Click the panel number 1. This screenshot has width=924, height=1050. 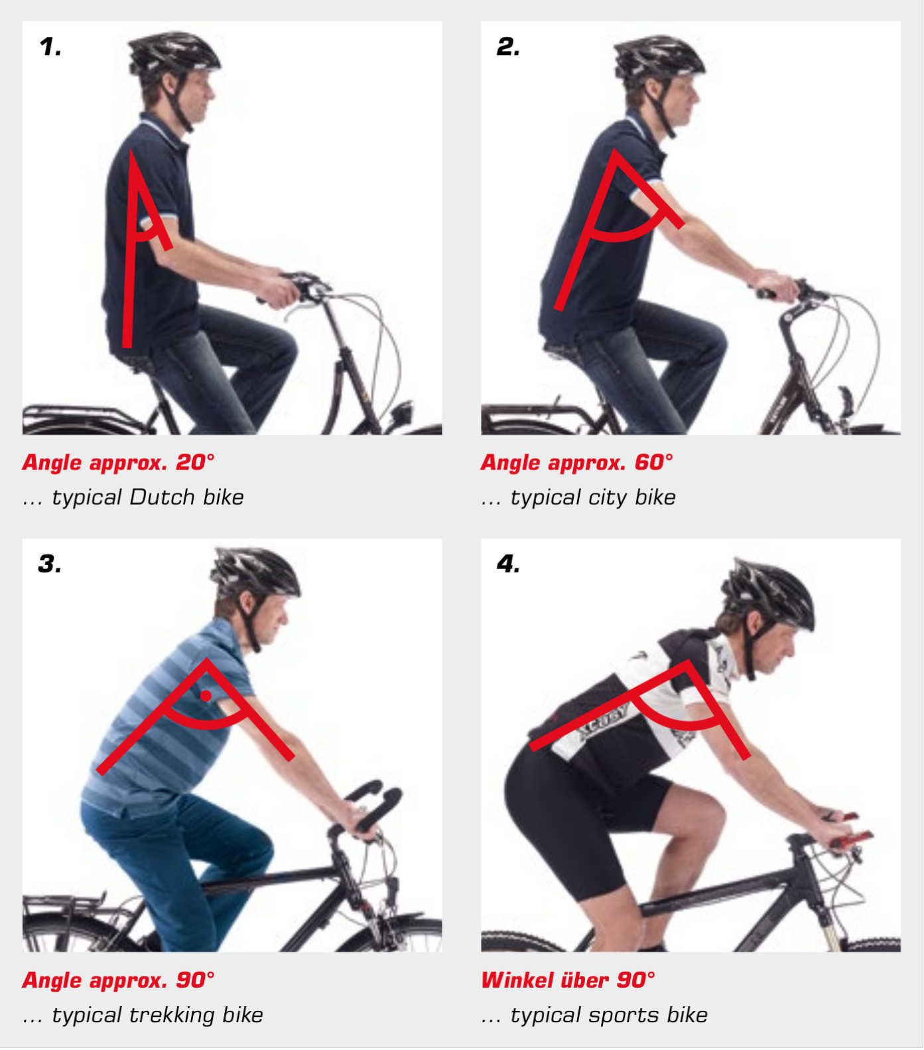click(50, 47)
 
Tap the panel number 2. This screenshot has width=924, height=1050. click(508, 47)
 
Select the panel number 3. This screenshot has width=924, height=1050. click(50, 564)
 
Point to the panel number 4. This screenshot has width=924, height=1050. click(508, 564)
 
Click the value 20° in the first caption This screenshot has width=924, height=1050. click(195, 462)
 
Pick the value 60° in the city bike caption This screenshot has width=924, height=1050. click(653, 462)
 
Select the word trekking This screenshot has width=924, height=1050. click(172, 1016)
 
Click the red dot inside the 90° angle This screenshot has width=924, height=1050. click(206, 696)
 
